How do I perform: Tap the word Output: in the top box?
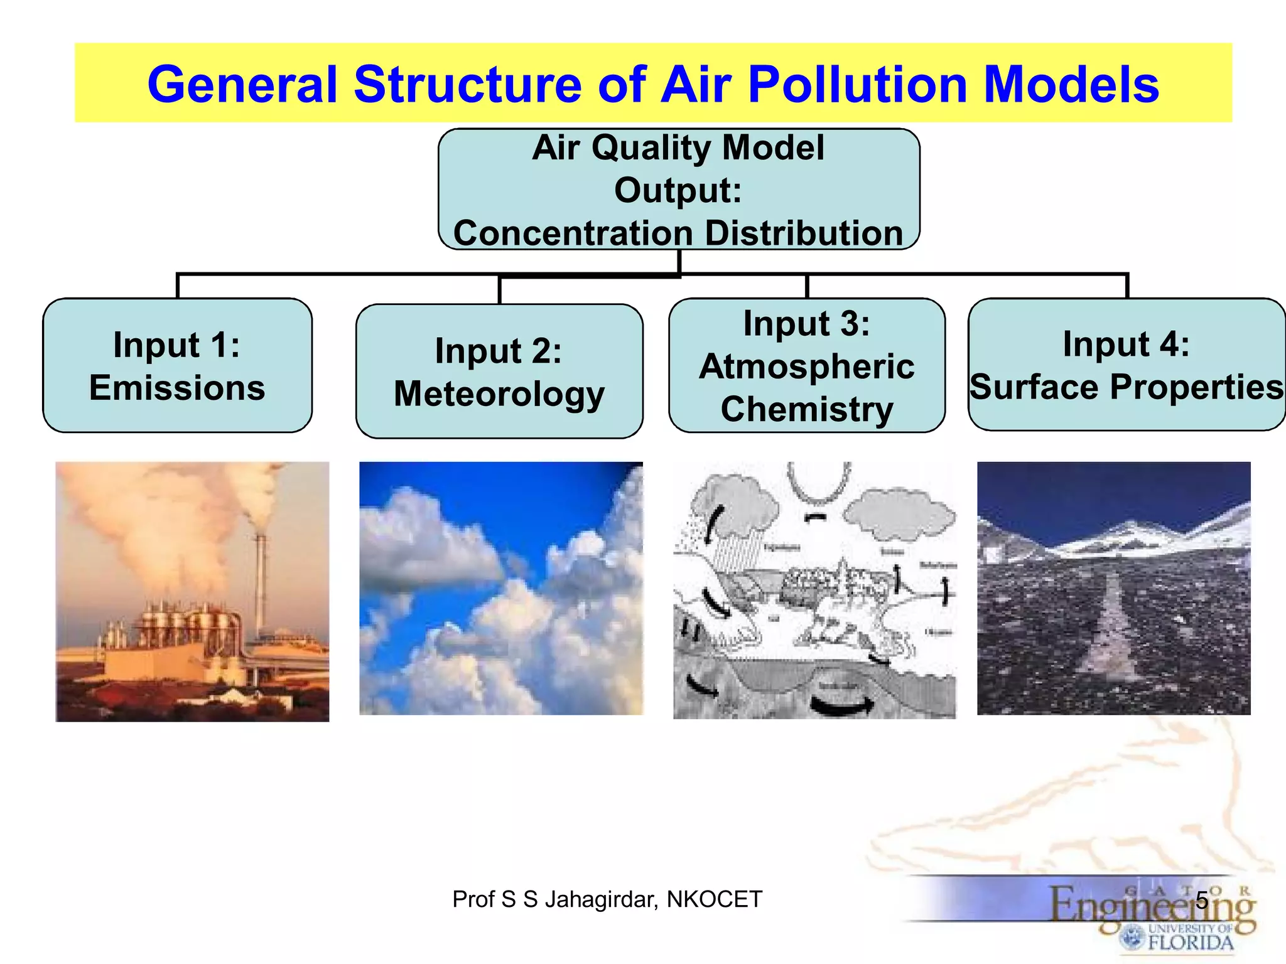[x=678, y=190]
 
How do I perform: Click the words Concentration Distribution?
[x=678, y=233]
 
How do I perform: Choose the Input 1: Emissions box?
[x=177, y=365]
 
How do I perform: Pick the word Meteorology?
[x=499, y=394]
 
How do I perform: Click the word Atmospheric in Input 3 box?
[x=806, y=367]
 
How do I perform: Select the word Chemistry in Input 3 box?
[x=806, y=409]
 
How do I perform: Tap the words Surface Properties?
[x=1127, y=387]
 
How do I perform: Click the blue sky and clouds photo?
[x=500, y=588]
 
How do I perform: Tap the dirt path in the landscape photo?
[x=1111, y=628]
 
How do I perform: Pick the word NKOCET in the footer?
[x=714, y=899]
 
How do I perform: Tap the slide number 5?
[x=1202, y=899]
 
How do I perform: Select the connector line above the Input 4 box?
[x=1127, y=286]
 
